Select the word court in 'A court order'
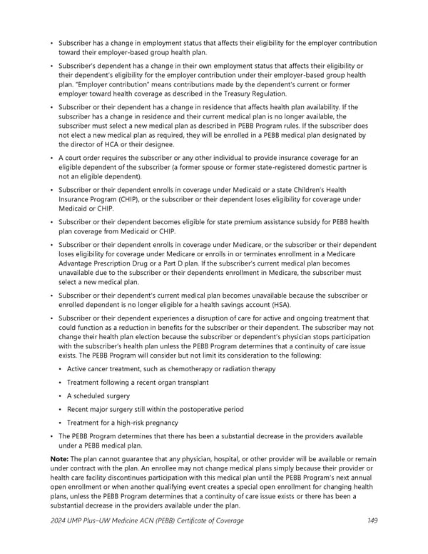point(75,158)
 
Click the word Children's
point(297,189)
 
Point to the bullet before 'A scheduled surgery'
point(61,396)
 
